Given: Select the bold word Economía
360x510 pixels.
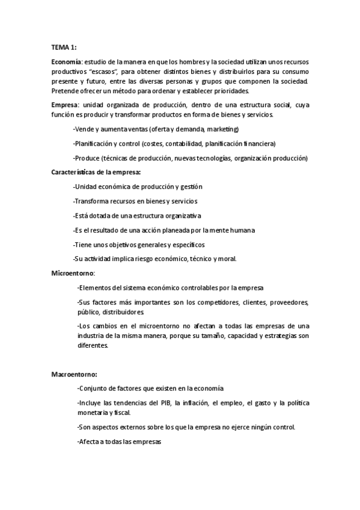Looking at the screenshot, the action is click(67, 63).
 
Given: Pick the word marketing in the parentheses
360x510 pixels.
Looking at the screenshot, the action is click(222, 129).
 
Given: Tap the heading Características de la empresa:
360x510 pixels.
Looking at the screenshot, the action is click(96, 172).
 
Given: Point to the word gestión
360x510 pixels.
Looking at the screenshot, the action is click(191, 186).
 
